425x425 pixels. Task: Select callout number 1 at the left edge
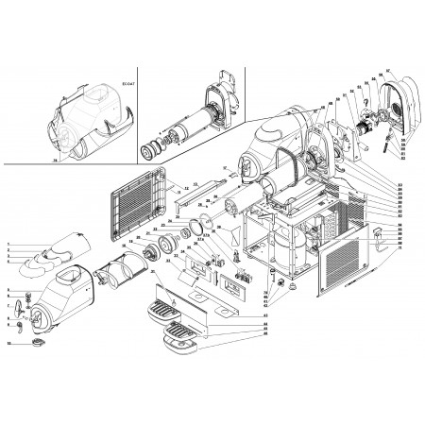[x=8, y=245]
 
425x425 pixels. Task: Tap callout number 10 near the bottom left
[x=8, y=343]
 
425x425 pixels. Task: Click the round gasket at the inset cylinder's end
[x=148, y=152]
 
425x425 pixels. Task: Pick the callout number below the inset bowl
[x=55, y=161]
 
